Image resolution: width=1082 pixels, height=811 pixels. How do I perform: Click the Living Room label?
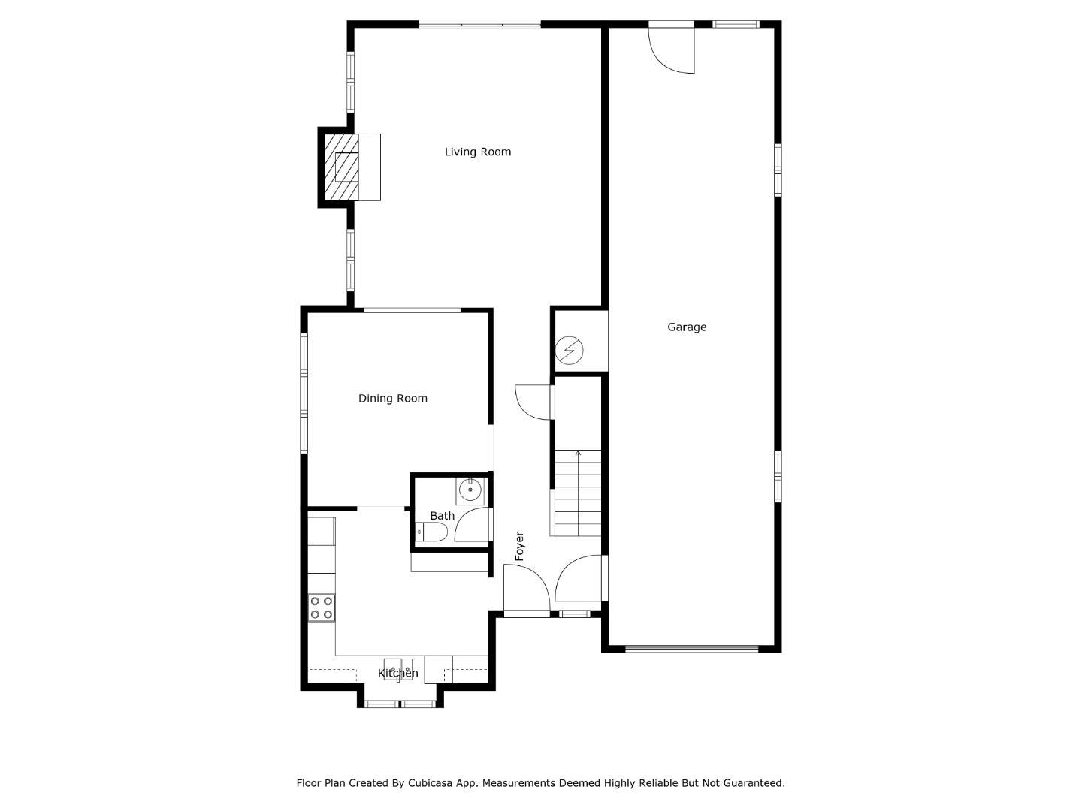pyautogui.click(x=477, y=152)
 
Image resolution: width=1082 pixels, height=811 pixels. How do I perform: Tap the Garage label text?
pyautogui.click(x=687, y=327)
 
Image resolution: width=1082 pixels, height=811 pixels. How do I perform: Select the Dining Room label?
pyautogui.click(x=392, y=399)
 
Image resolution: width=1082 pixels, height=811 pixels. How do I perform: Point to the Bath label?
pyautogui.click(x=442, y=516)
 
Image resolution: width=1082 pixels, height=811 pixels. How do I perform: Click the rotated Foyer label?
pyautogui.click(x=519, y=546)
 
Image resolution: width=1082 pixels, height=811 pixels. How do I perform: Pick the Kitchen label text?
pyautogui.click(x=397, y=673)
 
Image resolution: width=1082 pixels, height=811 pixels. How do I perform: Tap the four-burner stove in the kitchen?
pyautogui.click(x=322, y=607)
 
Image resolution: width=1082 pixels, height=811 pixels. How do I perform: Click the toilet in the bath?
pyautogui.click(x=433, y=532)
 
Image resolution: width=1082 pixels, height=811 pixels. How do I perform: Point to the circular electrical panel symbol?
pyautogui.click(x=568, y=349)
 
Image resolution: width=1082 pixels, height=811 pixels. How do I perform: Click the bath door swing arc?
pyautogui.click(x=471, y=525)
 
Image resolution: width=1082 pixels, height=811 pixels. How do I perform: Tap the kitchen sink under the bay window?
pyautogui.click(x=398, y=668)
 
